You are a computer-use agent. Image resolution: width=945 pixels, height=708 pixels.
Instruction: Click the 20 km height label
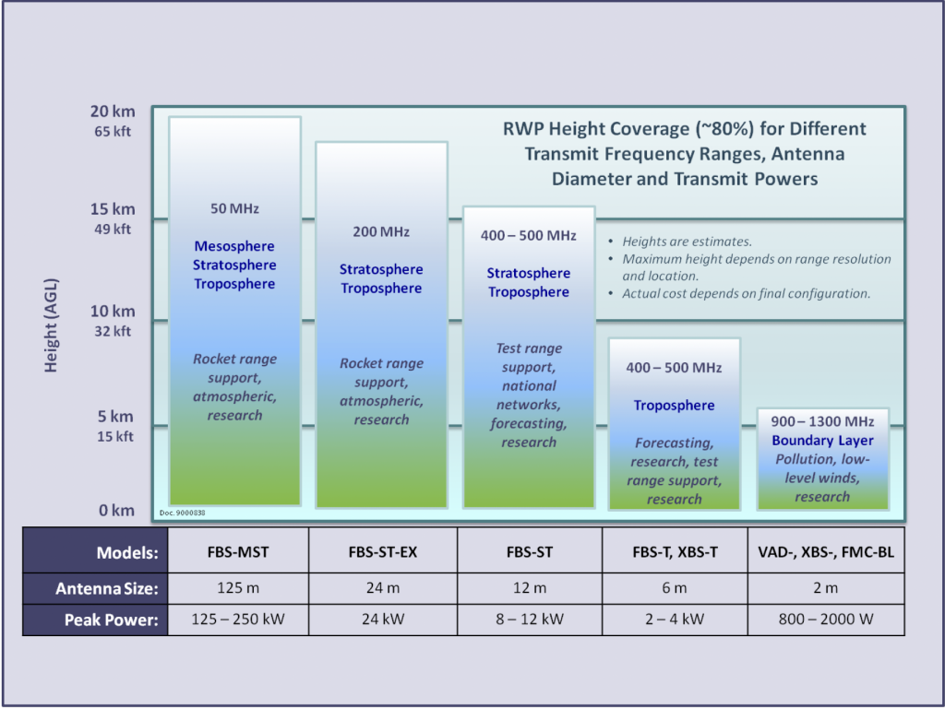[x=113, y=112]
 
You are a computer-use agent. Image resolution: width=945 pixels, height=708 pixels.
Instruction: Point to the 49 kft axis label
[x=113, y=229]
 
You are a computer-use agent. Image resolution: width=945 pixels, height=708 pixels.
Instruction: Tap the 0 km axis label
[x=117, y=511]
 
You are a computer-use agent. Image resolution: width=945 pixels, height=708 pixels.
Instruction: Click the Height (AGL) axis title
[x=52, y=325]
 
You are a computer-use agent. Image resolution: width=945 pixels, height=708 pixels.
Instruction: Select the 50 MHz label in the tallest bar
[x=234, y=209]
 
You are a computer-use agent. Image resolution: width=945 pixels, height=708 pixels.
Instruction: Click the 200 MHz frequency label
[x=381, y=231]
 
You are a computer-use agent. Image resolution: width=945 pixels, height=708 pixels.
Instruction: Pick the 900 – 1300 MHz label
[x=822, y=421]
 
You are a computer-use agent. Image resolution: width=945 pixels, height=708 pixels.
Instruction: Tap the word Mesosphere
[x=234, y=246]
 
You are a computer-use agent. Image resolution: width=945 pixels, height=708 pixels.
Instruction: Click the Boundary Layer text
[x=822, y=441]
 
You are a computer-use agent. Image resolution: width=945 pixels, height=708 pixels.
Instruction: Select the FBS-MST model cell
[x=238, y=551]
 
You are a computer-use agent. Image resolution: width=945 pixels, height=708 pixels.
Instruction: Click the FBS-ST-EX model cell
[x=383, y=551]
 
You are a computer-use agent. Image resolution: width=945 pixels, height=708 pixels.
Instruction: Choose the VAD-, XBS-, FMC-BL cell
[x=826, y=551]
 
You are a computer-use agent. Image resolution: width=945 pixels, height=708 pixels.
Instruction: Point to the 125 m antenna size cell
[x=238, y=588]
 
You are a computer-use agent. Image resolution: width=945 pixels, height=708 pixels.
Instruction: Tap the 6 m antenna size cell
[x=675, y=588]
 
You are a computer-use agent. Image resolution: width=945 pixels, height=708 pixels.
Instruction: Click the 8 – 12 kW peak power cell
[x=530, y=619]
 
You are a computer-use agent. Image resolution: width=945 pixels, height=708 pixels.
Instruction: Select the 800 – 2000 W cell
[x=826, y=619]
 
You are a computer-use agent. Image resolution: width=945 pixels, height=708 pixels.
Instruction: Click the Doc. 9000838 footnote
[x=183, y=513]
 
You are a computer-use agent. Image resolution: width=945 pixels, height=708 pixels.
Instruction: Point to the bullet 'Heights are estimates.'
[x=687, y=242]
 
